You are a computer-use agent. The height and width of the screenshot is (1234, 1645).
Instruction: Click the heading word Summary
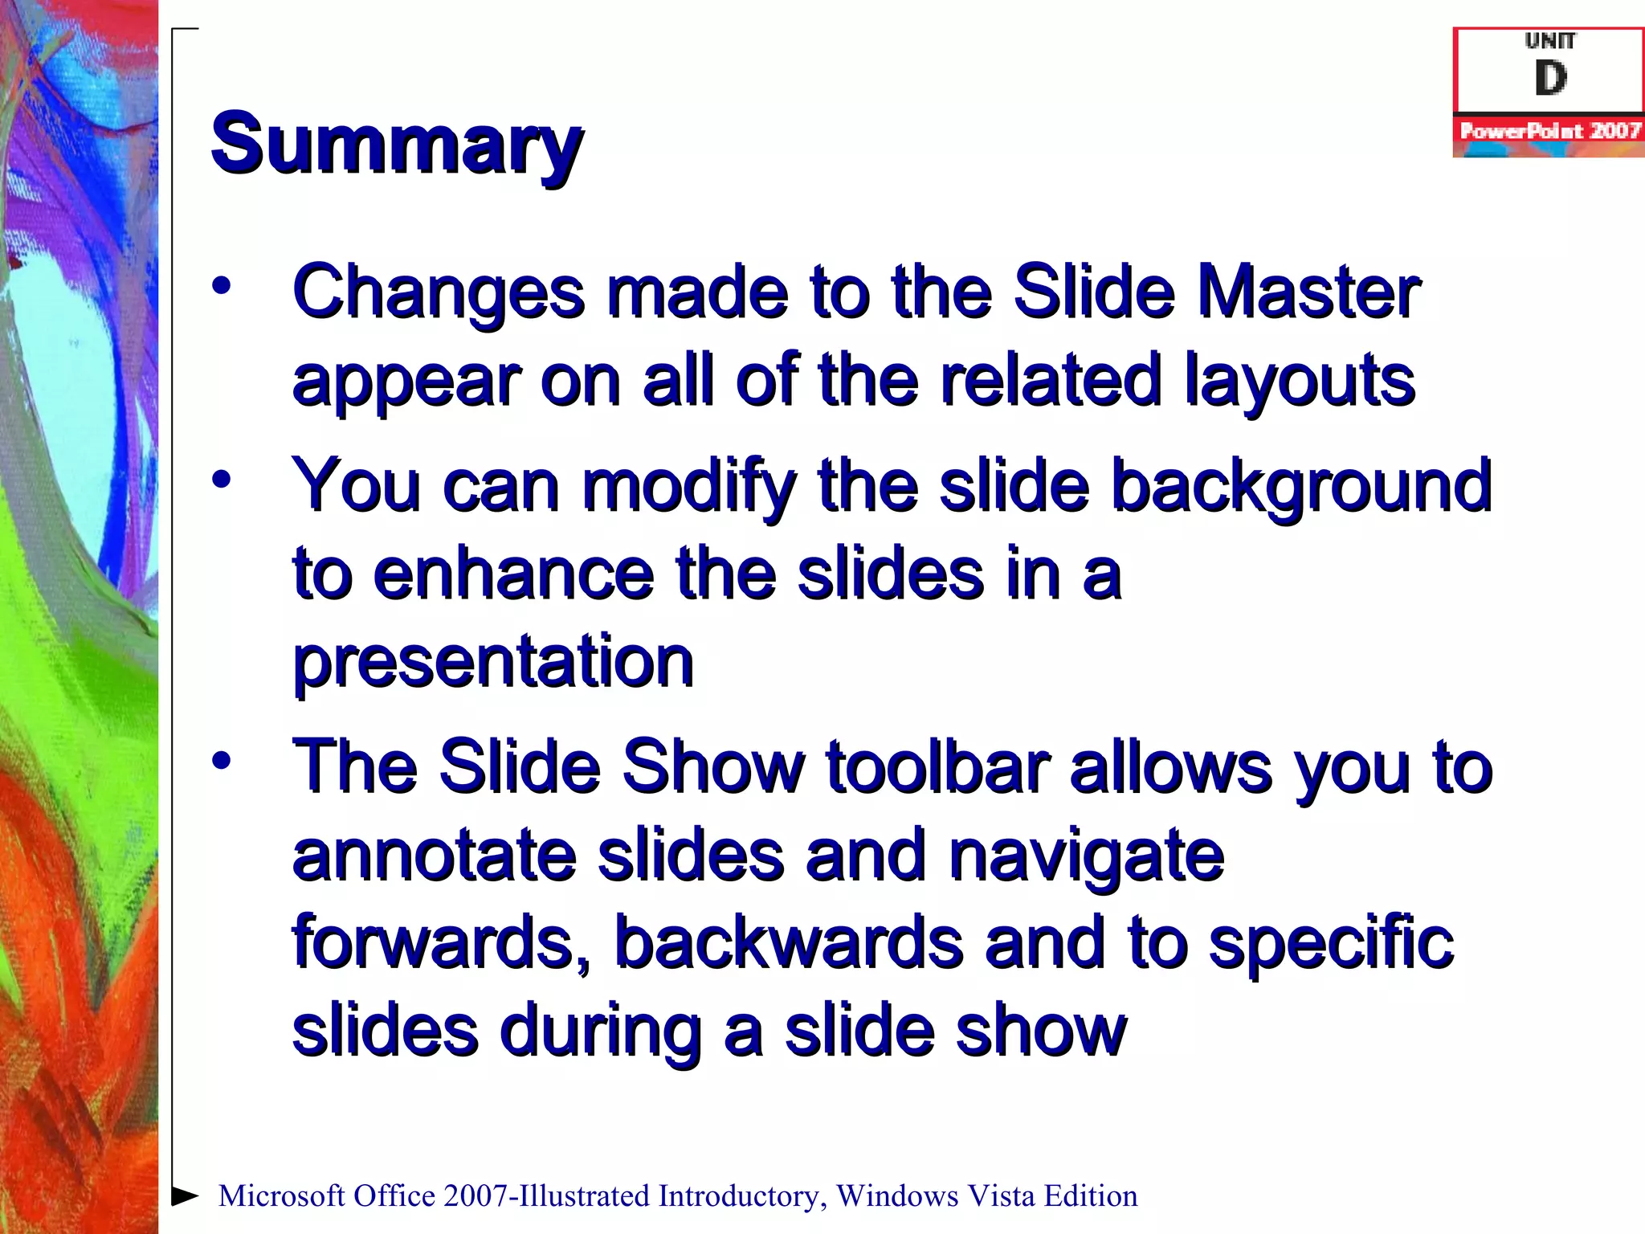(397, 145)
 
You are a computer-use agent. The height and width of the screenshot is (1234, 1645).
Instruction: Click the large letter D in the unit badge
(1550, 79)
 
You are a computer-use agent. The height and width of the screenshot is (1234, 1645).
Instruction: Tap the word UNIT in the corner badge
(1550, 40)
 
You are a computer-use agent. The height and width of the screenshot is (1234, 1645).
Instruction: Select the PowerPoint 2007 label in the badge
(1549, 131)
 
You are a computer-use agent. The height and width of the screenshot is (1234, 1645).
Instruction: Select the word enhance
(513, 574)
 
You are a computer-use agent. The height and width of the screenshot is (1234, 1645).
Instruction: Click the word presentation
(492, 663)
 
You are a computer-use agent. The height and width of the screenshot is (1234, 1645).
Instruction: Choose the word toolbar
(938, 767)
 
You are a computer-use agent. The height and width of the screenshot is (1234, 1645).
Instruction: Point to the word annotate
(435, 856)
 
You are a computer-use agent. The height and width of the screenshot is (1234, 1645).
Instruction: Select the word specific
(1331, 944)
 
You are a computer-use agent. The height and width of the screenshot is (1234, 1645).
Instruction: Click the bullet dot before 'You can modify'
(222, 480)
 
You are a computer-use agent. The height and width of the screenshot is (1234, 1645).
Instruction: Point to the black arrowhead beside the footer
(186, 1195)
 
